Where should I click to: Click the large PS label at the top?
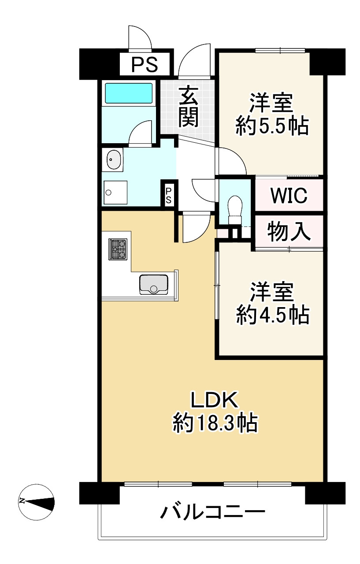pos(145,65)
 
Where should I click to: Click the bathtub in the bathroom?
pos(129,93)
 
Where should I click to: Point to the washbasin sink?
pos(114,159)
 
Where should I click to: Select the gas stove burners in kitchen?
pos(118,249)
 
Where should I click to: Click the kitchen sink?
pos(154,284)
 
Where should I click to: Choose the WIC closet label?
pos(289,195)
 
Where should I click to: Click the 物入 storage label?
pos(289,231)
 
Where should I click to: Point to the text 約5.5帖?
pos(272,126)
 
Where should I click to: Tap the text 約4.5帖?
pos(272,315)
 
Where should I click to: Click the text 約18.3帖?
pos(215,423)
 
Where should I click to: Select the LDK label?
pos(214,400)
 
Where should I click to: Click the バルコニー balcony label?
pos(213,512)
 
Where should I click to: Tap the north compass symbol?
pos(37,501)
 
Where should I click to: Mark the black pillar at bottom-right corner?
pos(325,493)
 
